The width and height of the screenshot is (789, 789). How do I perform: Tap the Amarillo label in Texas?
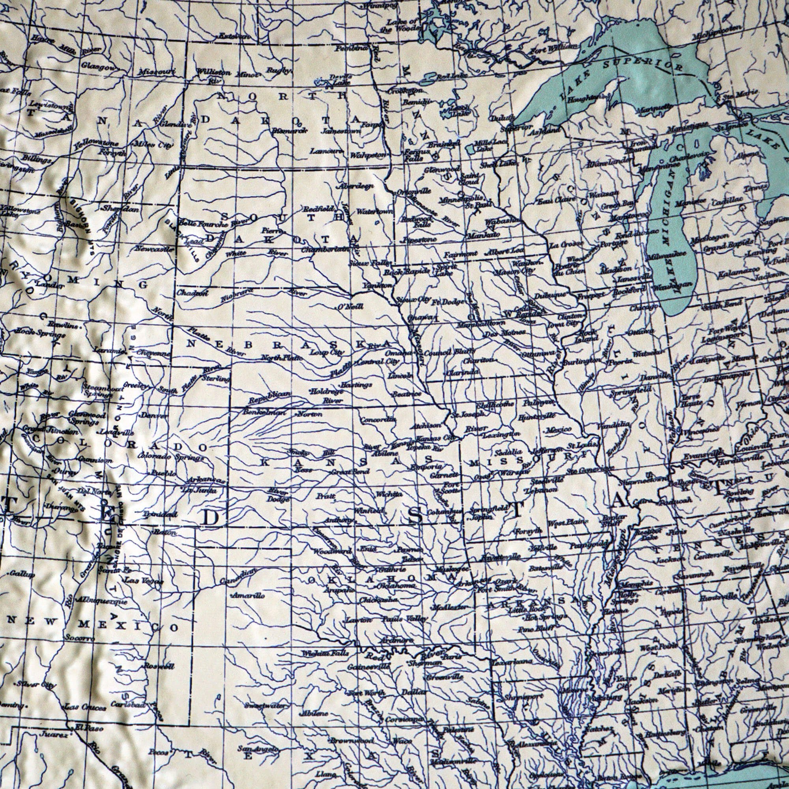(x=249, y=596)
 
